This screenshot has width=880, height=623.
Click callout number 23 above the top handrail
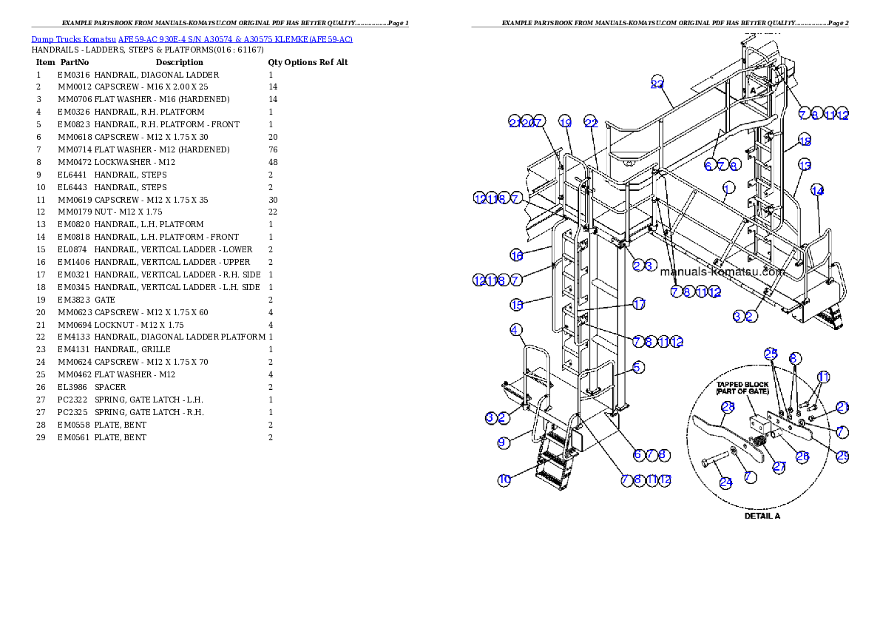click(x=657, y=83)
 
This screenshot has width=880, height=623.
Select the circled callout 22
click(x=590, y=122)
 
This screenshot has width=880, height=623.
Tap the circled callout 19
click(x=565, y=122)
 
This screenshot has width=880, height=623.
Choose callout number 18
click(x=805, y=141)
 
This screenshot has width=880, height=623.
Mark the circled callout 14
click(x=817, y=190)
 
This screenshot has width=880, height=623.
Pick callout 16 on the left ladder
click(x=516, y=255)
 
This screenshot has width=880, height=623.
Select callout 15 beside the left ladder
click(x=516, y=304)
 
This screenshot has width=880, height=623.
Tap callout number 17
click(x=639, y=304)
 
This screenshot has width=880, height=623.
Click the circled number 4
click(x=516, y=329)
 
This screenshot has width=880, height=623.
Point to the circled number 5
click(x=638, y=366)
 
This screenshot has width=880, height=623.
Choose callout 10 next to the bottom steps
click(x=504, y=480)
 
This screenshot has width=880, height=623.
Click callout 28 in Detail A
click(x=727, y=406)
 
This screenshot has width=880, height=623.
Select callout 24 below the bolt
click(x=725, y=482)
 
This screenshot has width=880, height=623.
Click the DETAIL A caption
click(x=762, y=516)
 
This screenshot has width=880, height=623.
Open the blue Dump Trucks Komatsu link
click(x=192, y=38)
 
